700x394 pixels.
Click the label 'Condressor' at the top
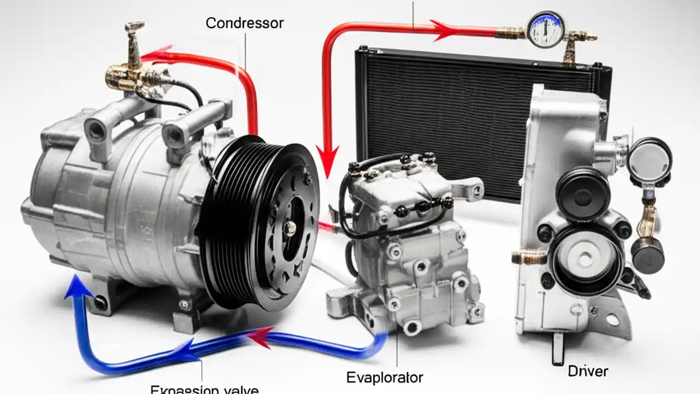244,24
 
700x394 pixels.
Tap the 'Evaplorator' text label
384,377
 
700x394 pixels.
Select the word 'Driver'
588,371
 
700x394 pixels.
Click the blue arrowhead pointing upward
74,287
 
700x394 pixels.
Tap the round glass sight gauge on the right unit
649,159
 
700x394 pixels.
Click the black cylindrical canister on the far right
647,254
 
